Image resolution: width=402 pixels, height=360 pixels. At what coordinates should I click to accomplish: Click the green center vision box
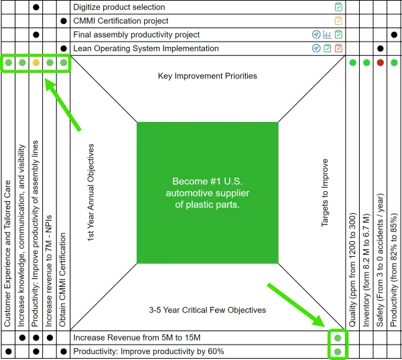208,192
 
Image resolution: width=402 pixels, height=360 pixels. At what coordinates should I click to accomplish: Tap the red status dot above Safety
380,62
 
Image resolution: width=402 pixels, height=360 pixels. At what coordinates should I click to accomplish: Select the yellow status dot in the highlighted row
36,62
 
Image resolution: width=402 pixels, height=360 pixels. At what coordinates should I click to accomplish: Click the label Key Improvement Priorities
208,76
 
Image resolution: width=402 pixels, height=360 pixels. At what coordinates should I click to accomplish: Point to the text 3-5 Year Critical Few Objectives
208,310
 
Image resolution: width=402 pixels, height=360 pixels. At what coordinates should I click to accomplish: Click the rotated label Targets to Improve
324,192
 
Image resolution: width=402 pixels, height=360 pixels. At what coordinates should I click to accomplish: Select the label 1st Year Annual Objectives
90,192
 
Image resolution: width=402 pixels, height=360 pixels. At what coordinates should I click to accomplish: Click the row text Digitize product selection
119,7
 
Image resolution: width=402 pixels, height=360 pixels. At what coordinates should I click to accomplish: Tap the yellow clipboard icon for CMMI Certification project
338,21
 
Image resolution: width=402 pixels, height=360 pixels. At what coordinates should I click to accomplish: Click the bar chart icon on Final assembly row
327,34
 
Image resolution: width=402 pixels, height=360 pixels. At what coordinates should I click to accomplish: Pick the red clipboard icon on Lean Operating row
338,48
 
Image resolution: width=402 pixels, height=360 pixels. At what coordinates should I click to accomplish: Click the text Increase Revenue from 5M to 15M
137,338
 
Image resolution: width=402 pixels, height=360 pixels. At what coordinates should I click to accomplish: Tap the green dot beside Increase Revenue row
338,338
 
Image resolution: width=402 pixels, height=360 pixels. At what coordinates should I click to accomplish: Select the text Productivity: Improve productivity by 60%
149,351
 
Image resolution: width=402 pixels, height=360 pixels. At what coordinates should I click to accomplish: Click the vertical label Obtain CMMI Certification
62,280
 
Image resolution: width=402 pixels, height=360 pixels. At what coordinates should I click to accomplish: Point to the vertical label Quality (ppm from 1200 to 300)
353,269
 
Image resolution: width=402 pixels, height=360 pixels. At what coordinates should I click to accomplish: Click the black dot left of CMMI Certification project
64,21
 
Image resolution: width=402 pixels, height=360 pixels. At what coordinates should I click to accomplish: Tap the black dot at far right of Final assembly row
394,35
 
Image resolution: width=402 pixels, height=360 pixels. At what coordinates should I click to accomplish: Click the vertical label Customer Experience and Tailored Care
7,253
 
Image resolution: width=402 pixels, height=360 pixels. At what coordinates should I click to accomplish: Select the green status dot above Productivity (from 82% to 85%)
394,62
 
